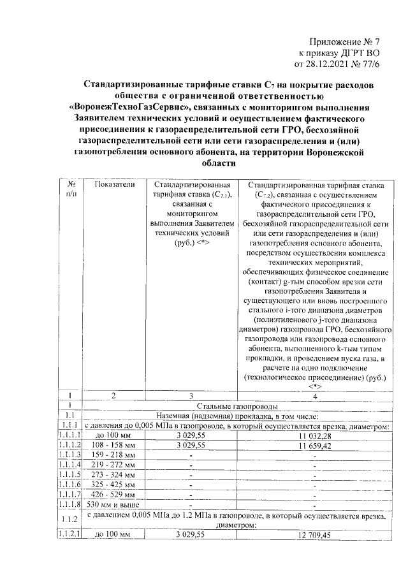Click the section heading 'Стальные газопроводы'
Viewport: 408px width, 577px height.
tap(238, 405)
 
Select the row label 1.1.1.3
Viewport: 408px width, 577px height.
tap(71, 455)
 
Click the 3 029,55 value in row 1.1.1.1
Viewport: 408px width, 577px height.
tap(191, 435)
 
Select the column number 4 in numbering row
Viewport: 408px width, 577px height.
tap(314, 395)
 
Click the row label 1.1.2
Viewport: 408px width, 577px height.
tap(71, 520)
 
